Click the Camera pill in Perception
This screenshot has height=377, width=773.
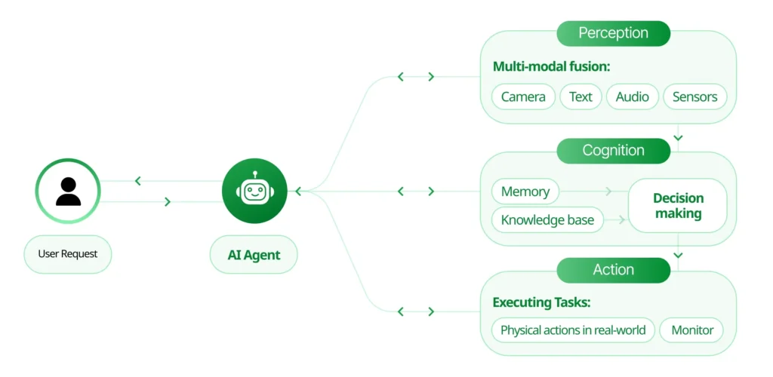click(523, 97)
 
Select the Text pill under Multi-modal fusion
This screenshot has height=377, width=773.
click(581, 97)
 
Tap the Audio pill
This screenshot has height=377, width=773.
click(632, 97)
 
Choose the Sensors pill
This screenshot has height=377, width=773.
click(694, 97)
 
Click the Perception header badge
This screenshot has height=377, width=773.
click(613, 33)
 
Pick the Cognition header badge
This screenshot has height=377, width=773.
click(613, 151)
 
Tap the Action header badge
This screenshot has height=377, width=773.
click(613, 270)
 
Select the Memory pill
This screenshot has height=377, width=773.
click(525, 192)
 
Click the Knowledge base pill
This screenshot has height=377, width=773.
click(547, 220)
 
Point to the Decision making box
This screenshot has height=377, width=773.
click(678, 206)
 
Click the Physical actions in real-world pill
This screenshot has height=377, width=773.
click(573, 330)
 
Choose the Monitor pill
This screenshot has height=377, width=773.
click(691, 330)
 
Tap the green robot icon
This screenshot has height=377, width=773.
click(254, 192)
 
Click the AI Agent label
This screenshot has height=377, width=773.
click(254, 255)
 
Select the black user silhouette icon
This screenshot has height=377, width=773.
click(68, 192)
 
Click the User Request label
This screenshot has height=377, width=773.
click(68, 254)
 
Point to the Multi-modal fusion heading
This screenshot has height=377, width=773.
click(551, 66)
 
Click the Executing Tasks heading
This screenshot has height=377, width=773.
click(541, 302)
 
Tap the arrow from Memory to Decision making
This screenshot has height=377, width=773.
click(608, 192)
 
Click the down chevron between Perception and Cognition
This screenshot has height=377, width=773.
click(678, 138)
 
